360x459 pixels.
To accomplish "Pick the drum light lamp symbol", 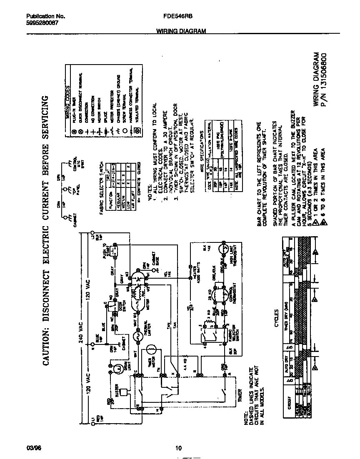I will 119,368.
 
